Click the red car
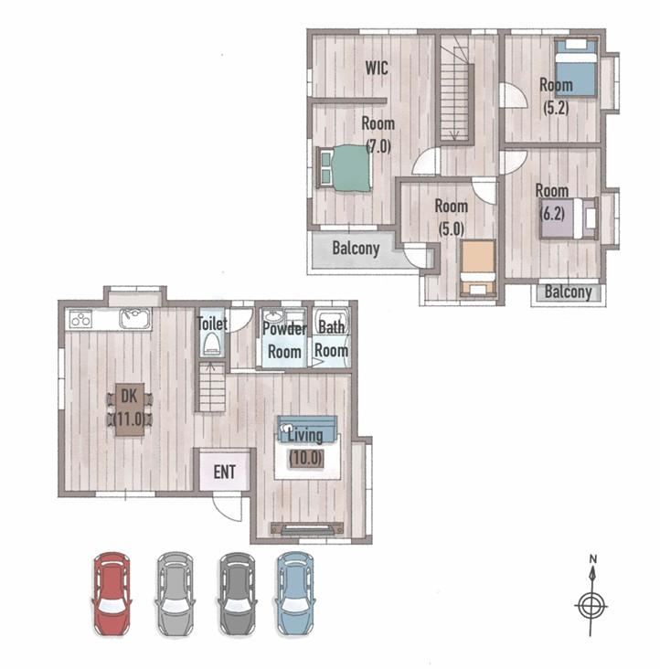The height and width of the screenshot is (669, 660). click(x=112, y=594)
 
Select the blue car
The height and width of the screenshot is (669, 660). click(x=295, y=594)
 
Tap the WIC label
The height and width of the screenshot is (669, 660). click(x=377, y=68)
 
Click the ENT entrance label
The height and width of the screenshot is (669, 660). click(x=224, y=473)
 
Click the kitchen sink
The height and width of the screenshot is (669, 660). click(x=135, y=318)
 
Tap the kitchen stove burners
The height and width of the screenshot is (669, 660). click(x=80, y=319)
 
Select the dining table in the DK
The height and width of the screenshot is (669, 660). click(x=130, y=409)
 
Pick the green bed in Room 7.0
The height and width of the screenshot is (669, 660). click(x=345, y=167)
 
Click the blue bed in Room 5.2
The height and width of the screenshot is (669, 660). click(x=576, y=68)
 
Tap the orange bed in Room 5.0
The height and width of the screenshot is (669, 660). click(x=478, y=268)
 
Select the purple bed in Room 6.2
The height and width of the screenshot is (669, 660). click(x=568, y=218)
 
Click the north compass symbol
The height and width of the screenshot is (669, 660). click(x=591, y=598)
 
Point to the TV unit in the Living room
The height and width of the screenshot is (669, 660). click(x=307, y=529)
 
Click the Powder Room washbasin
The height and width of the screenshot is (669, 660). click(x=271, y=316)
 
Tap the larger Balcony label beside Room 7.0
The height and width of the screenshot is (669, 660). click(x=356, y=248)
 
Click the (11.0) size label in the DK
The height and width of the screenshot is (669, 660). click(x=131, y=419)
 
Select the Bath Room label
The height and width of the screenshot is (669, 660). click(x=332, y=339)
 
